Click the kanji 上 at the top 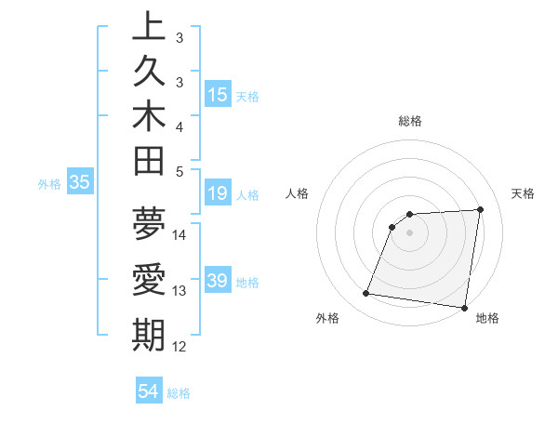[149, 26]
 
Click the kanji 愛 [149, 280]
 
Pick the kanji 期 [149, 335]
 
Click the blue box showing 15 [218, 95]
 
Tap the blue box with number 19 [218, 194]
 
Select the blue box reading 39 [218, 281]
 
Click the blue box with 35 [80, 183]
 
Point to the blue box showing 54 [149, 392]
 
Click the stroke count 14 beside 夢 [179, 234]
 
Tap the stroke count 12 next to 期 [179, 347]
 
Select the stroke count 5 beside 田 [179, 171]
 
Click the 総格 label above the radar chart [409, 121]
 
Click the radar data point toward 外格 [366, 294]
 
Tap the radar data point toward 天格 [480, 209]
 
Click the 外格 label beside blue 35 [49, 184]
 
